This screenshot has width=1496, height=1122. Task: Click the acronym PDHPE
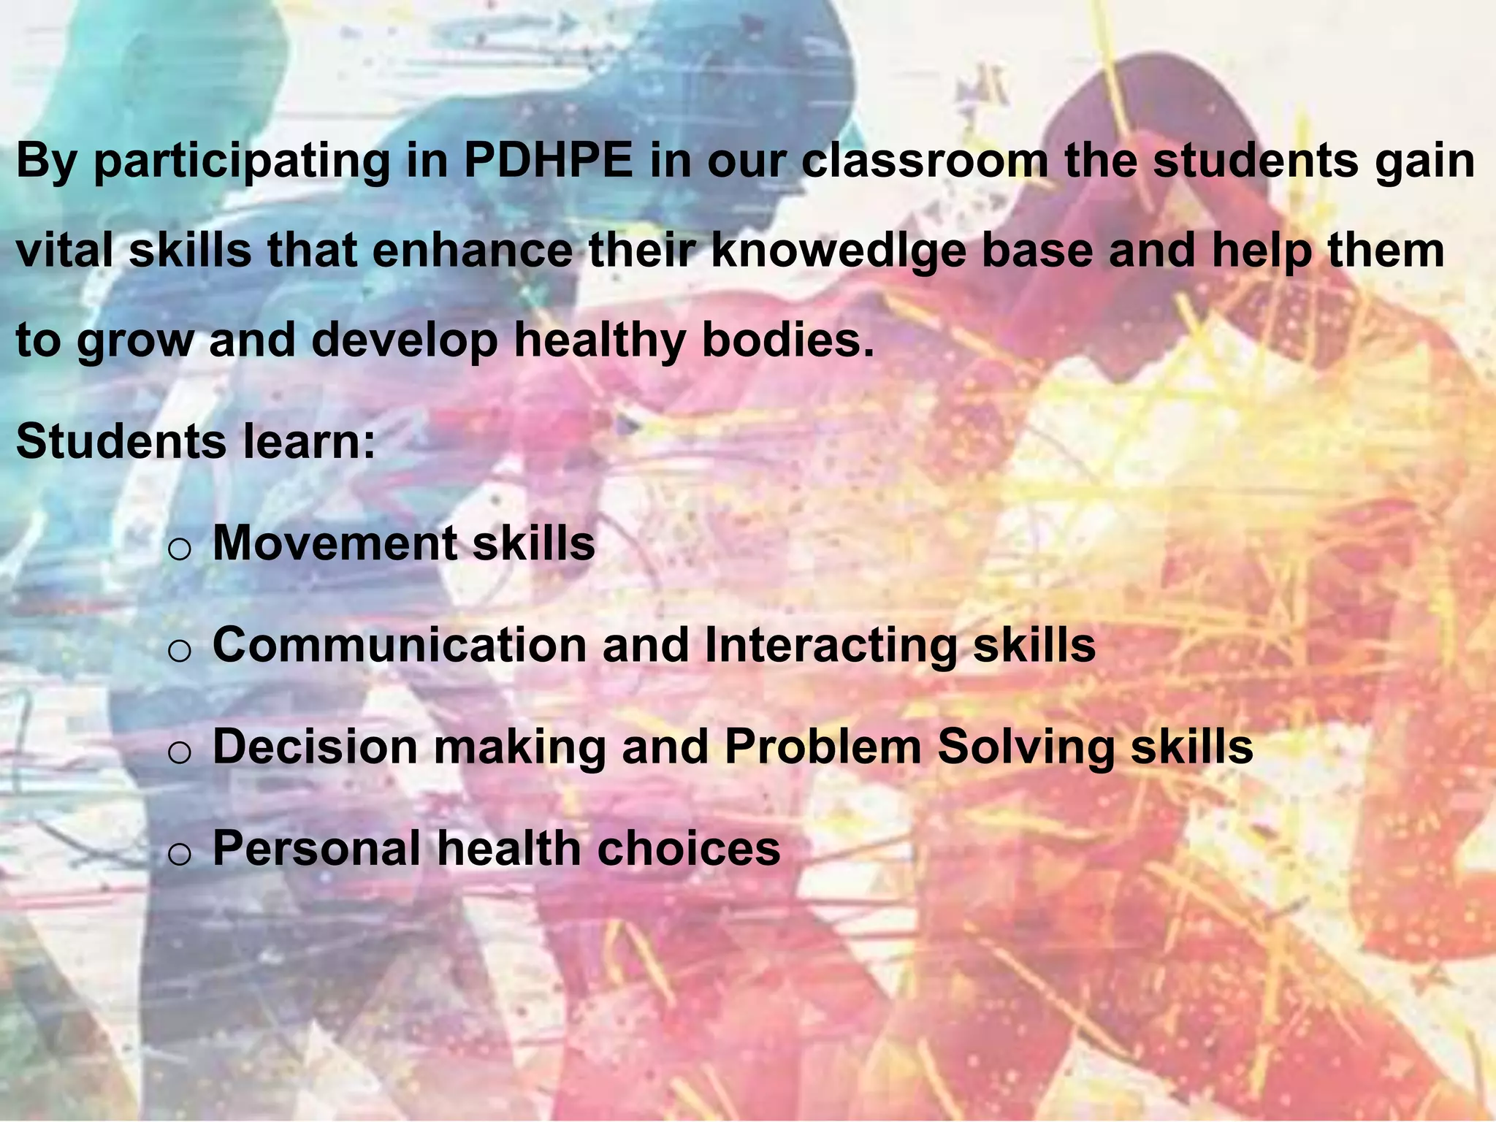[548, 161]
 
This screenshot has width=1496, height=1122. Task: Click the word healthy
[600, 342]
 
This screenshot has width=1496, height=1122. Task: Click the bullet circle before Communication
[179, 651]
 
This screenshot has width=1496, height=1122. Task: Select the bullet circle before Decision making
[179, 752]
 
